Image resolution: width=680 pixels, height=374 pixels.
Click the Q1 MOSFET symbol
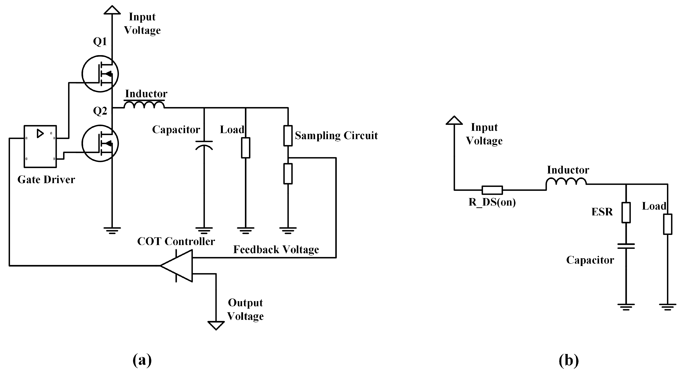(x=100, y=74)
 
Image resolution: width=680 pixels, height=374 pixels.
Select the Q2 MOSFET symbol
(x=100, y=143)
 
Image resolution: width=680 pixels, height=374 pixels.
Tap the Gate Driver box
(x=40, y=146)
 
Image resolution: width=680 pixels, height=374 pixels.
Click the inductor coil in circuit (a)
(x=144, y=105)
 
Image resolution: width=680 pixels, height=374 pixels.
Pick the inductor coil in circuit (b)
(x=566, y=182)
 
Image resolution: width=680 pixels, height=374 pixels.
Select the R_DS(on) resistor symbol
(x=492, y=190)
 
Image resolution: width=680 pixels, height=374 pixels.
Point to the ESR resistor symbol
(x=626, y=213)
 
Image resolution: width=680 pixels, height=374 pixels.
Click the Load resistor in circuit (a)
(x=246, y=148)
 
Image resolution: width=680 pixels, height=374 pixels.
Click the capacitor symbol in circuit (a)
(x=204, y=145)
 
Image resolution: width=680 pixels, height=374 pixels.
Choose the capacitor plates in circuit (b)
(x=626, y=246)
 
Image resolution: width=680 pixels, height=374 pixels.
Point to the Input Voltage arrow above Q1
(x=112, y=10)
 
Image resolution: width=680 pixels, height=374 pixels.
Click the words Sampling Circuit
(x=336, y=136)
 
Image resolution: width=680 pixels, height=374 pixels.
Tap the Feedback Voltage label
(x=276, y=250)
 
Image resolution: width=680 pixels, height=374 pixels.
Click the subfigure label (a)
(x=142, y=360)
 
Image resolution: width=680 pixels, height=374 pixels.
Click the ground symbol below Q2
(x=112, y=230)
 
